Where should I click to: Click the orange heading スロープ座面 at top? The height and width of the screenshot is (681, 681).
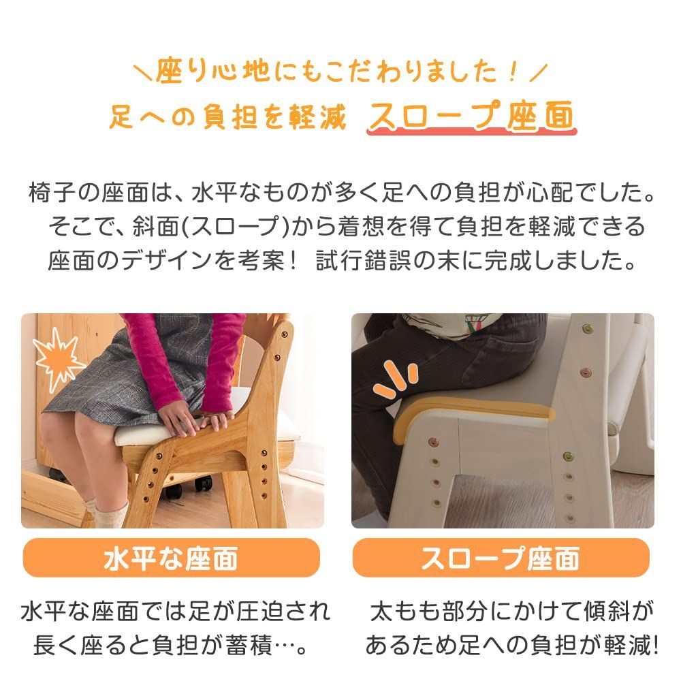click(x=471, y=116)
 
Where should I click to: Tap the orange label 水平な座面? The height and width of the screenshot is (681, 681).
click(x=170, y=558)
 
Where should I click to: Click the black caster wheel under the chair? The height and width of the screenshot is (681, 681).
click(x=204, y=484)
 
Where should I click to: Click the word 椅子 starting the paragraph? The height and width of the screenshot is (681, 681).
click(x=48, y=192)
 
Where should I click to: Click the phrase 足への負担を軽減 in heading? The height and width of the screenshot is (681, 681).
click(x=228, y=118)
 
